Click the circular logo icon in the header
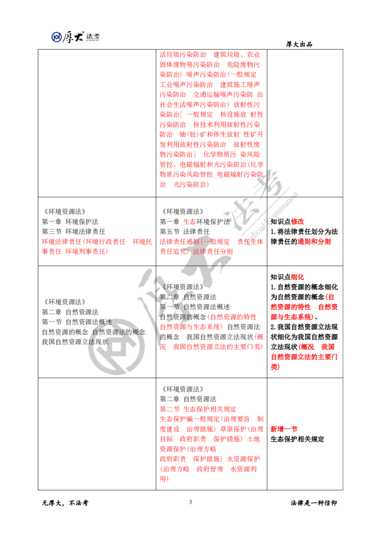point(56,37)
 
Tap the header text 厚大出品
point(299,44)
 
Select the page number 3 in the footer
point(190,502)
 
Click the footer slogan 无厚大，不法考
point(65,503)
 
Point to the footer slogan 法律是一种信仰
point(313,503)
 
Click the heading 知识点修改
point(287,222)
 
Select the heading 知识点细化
point(287,277)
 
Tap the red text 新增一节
point(284,429)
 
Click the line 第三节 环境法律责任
point(74,232)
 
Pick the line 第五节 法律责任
point(185,232)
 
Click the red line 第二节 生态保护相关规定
point(198,409)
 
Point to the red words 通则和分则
point(314,242)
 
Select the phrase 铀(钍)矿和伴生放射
point(210,134)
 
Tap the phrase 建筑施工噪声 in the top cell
point(240,85)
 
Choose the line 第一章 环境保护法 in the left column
point(70,222)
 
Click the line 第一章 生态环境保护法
point(195,222)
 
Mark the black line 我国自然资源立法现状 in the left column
point(75,342)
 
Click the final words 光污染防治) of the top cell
point(191,185)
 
